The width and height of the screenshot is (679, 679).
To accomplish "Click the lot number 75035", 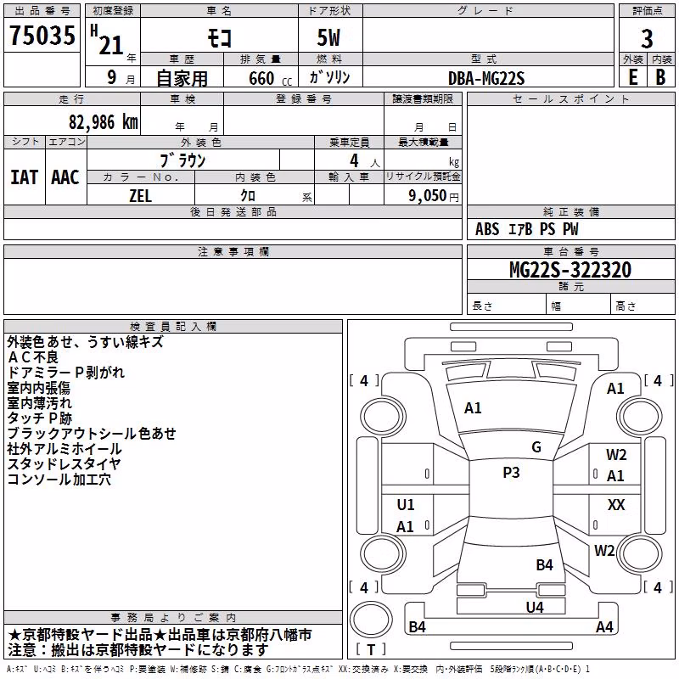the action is pos(42,35).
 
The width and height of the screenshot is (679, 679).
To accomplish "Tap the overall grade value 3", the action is pos(647,38).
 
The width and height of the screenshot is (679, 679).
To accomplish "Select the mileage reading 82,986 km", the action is pos(104,122).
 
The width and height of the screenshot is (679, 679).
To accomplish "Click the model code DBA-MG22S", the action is pos(486,78).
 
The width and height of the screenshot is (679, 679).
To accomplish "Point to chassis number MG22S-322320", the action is pos(570,270).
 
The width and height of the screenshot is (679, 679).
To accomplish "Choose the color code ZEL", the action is pos(140,196).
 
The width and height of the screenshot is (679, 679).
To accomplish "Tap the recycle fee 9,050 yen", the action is pos(434,196).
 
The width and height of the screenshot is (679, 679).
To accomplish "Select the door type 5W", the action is pos(328,37).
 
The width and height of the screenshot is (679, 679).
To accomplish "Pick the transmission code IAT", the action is pos(25,177).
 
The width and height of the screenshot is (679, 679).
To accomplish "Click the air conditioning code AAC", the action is pos(65,177).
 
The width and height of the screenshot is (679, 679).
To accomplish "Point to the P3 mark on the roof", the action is pos(511,473).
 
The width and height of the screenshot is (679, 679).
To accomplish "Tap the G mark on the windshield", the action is pos(536,447).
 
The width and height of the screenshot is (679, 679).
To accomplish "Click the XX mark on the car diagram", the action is pos(616,504).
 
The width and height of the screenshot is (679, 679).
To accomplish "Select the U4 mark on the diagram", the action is pos(535,607).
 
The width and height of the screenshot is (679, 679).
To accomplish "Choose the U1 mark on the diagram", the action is pos(406,504).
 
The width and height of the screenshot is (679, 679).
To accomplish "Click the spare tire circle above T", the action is pos(371,620).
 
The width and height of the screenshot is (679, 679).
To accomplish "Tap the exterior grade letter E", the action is pos(632,77).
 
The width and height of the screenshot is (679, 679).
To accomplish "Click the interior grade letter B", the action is pos(660,77).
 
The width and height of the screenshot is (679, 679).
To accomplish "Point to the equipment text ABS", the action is pos(487,229).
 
